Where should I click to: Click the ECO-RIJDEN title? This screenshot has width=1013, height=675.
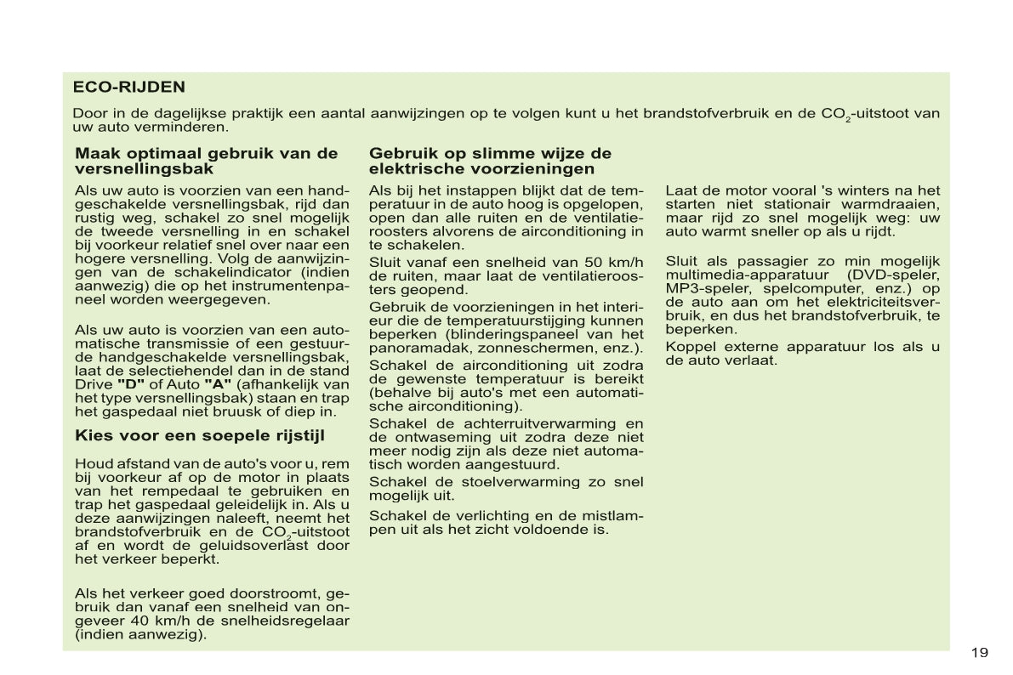129,87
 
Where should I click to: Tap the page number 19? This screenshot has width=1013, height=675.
979,653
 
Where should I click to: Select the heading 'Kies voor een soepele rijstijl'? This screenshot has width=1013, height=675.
200,436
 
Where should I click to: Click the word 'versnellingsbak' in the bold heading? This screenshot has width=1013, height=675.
144,169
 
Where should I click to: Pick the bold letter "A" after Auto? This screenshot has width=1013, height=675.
219,384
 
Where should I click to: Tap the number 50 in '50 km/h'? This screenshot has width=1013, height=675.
595,261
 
